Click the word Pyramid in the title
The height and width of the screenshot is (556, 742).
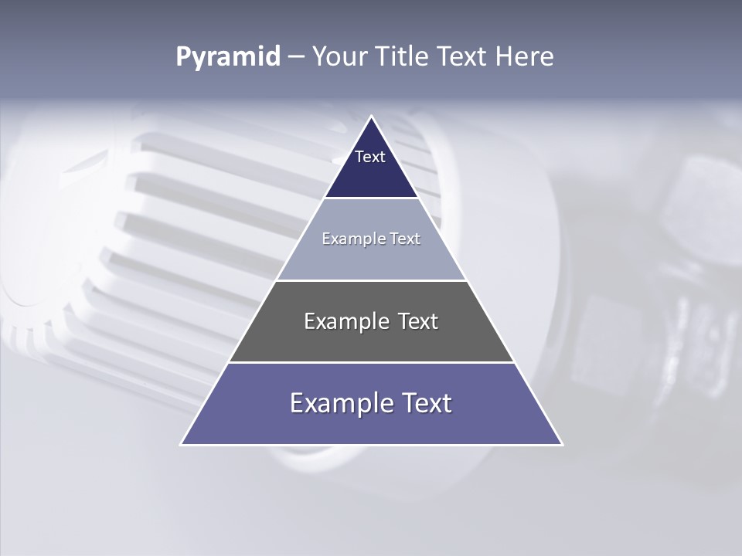(228, 57)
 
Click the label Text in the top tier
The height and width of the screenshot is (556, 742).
(370, 157)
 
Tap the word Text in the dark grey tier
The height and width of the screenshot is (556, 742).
(418, 321)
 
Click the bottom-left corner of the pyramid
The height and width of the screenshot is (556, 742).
(182, 444)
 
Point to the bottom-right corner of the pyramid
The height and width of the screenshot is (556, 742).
(562, 444)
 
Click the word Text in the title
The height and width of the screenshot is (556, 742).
(463, 57)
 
